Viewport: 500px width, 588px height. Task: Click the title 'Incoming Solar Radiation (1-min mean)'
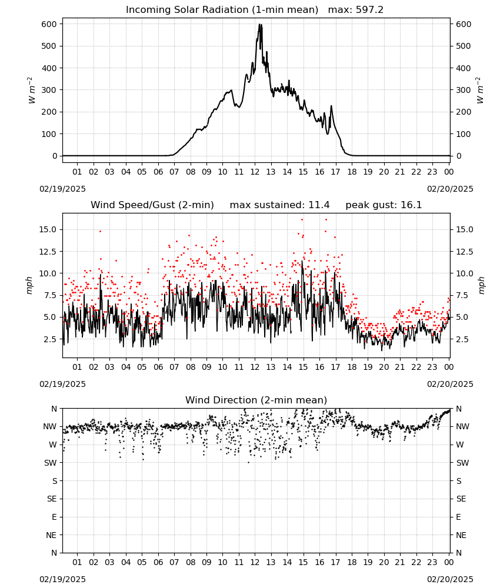point(222,10)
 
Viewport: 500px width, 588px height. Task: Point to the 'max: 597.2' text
point(356,10)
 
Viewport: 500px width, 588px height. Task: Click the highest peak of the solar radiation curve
point(259,24)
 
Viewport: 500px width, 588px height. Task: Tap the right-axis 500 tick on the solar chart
point(464,46)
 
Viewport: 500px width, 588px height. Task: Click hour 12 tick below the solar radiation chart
point(255,172)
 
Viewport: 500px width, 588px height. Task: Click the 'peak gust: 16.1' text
point(384,205)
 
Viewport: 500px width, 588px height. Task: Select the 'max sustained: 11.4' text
point(279,205)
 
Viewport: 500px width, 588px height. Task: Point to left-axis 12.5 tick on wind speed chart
point(48,252)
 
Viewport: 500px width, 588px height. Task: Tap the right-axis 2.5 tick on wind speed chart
point(464,339)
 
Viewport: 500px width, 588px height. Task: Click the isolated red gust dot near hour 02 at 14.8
point(100,231)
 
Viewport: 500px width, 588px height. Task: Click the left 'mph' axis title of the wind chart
point(29,285)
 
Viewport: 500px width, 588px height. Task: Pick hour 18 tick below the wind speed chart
point(352,367)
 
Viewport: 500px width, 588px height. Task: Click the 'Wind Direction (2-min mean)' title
point(256,400)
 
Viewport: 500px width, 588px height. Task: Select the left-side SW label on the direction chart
point(51,463)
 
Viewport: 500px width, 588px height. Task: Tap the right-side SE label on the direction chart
point(461,499)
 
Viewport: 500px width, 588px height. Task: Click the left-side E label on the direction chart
point(54,517)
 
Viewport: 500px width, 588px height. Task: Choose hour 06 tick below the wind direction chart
point(158,562)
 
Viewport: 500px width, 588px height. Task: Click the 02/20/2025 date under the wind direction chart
point(450,579)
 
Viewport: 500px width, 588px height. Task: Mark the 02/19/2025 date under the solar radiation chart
point(62,189)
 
